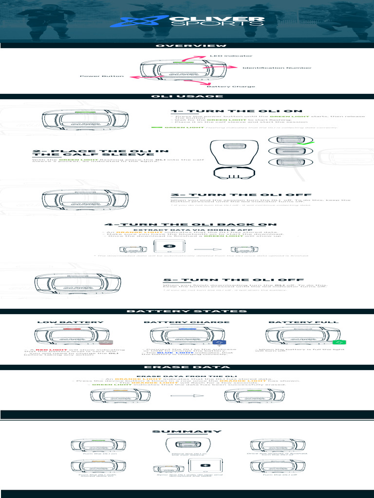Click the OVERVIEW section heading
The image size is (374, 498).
click(187, 46)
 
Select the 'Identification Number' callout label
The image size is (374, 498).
click(277, 68)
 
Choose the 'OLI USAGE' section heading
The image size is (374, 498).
click(187, 96)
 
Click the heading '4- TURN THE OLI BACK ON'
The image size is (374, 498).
click(190, 225)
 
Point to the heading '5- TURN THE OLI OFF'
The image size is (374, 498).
click(232, 280)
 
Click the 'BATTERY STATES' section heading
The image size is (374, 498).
click(187, 311)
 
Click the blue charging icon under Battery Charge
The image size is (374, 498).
click(217, 343)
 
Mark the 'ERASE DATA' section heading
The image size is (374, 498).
click(187, 367)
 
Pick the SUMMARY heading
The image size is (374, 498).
click(187, 431)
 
